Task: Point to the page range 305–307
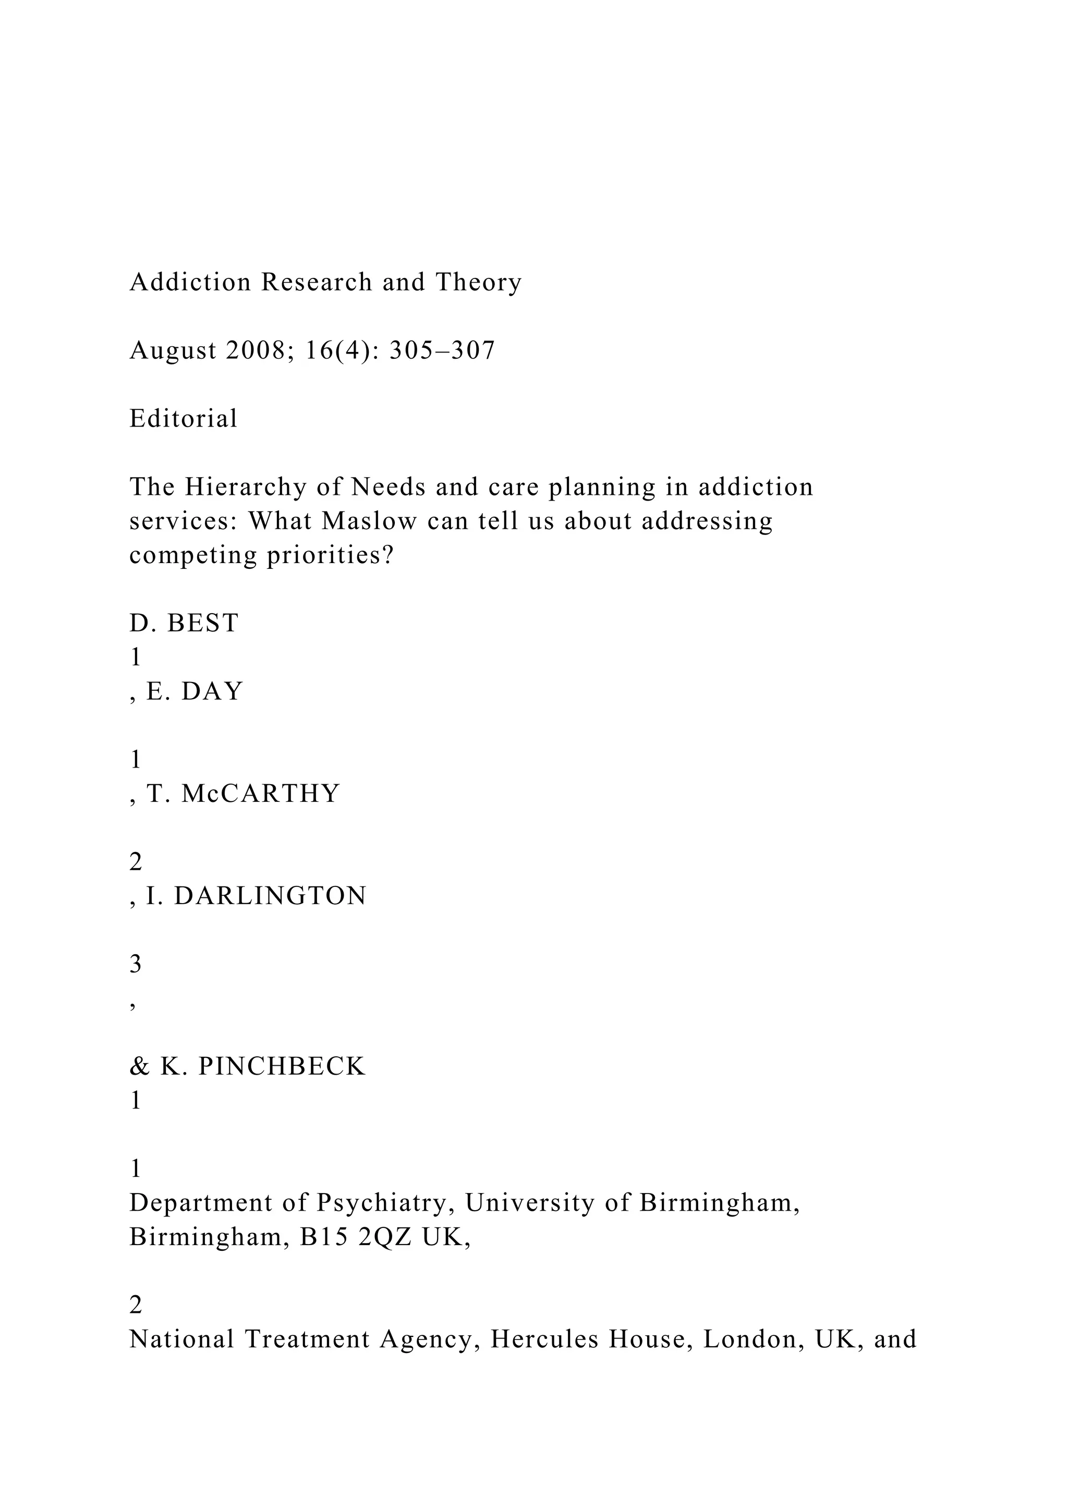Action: click(x=442, y=350)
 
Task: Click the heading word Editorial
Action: click(x=184, y=418)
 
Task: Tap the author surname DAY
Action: click(x=212, y=691)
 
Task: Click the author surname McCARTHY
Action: click(x=260, y=793)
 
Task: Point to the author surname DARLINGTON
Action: click(x=270, y=896)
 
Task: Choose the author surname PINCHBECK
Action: click(x=282, y=1066)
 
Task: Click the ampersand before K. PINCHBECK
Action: click(x=139, y=1066)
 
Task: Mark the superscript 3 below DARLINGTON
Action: click(x=136, y=964)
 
